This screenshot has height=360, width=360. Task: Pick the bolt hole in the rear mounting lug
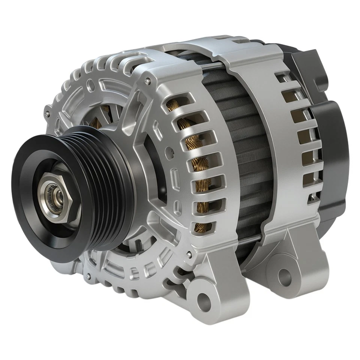click(x=284, y=278)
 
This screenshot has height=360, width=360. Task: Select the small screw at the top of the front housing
click(x=149, y=80)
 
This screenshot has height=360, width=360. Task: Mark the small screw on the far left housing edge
click(x=46, y=114)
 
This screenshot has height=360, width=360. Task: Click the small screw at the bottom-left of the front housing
click(x=88, y=276)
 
